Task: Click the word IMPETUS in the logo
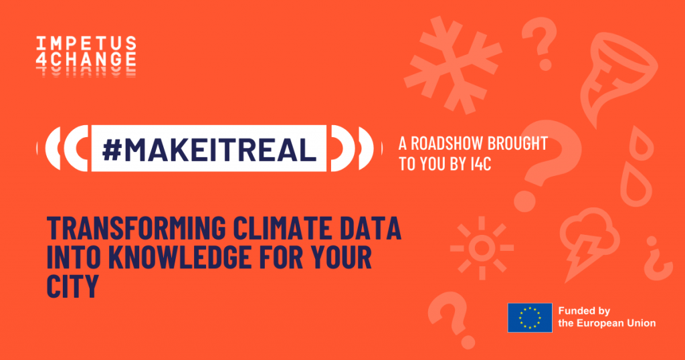pyautogui.click(x=86, y=43)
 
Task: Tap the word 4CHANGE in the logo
pyautogui.click(x=86, y=60)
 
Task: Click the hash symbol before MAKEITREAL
pyautogui.click(x=112, y=149)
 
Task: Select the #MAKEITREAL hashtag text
pyautogui.click(x=209, y=149)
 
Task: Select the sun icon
pyautogui.click(x=482, y=248)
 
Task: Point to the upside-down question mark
pyautogui.click(x=657, y=259)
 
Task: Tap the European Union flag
pyautogui.click(x=530, y=318)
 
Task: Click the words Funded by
pyautogui.click(x=584, y=311)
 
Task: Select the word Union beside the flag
pyautogui.click(x=642, y=323)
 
